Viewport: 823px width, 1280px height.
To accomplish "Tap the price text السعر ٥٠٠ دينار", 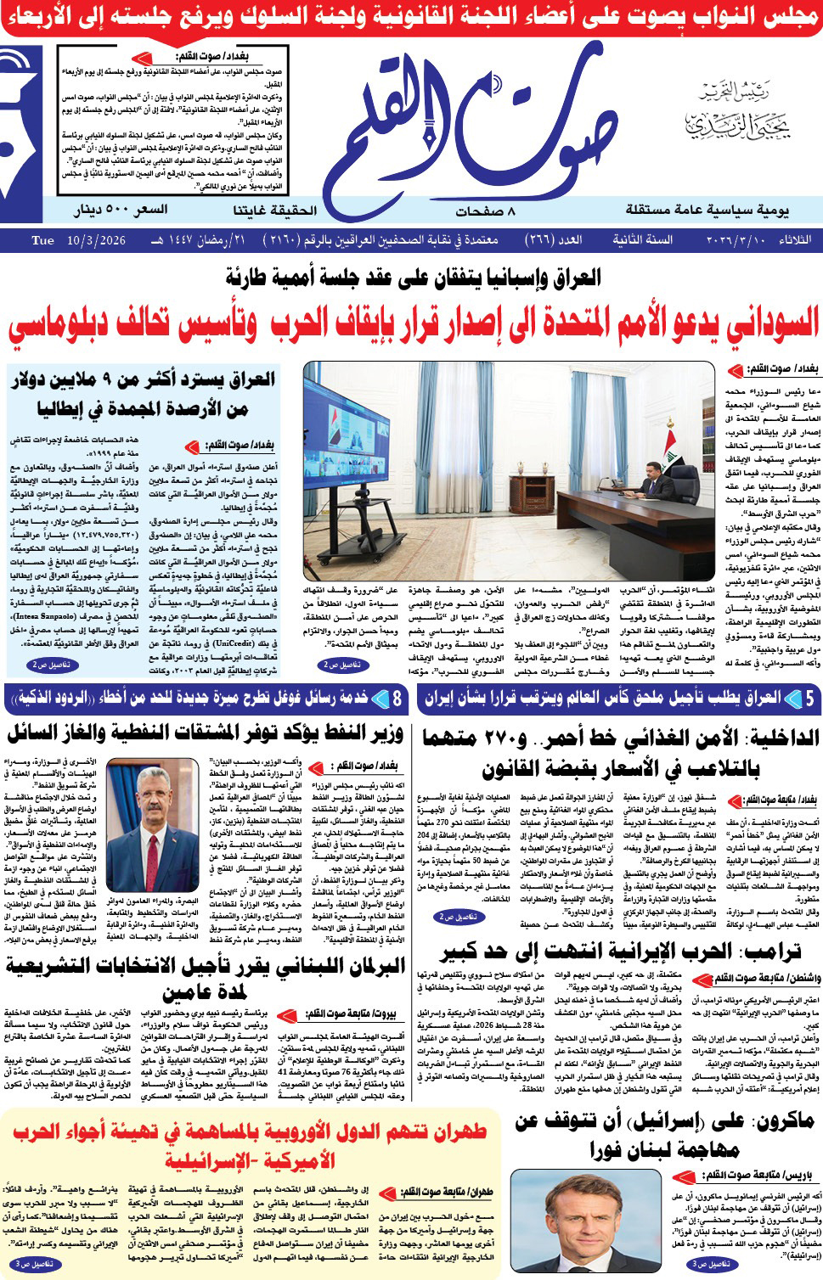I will click(121, 210).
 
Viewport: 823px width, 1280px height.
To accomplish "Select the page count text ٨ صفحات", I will click(486, 211).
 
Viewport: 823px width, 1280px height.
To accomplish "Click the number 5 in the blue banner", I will click(809, 699).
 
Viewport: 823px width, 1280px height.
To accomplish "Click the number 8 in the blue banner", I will click(397, 699).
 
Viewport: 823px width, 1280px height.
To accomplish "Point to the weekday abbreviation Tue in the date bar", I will click(42, 241).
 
